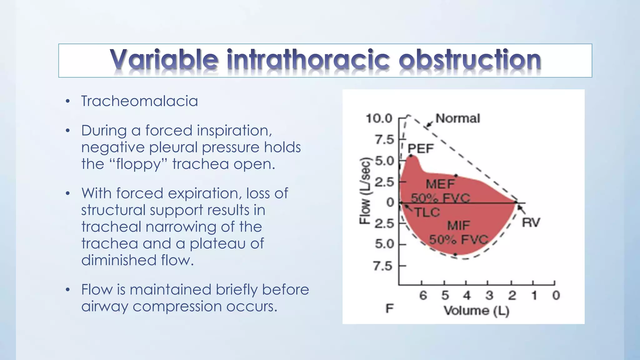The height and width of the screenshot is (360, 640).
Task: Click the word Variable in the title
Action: pyautogui.click(x=164, y=59)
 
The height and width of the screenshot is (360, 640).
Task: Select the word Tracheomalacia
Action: pyautogui.click(x=139, y=101)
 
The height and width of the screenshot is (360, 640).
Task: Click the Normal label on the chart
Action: pyautogui.click(x=457, y=118)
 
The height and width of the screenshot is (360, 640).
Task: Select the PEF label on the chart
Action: pyautogui.click(x=421, y=148)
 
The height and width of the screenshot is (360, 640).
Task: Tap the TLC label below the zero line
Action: pyautogui.click(x=427, y=212)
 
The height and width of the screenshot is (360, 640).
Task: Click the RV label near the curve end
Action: pyautogui.click(x=531, y=223)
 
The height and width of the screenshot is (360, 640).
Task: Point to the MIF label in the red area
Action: pyautogui.click(x=458, y=225)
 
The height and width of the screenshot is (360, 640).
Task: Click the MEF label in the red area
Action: pyautogui.click(x=440, y=184)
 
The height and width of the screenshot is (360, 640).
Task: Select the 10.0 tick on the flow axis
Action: pyautogui.click(x=379, y=118)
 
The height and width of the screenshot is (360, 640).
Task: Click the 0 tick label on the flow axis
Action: pyautogui.click(x=390, y=202)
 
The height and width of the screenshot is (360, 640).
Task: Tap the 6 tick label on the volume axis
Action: pyautogui.click(x=423, y=295)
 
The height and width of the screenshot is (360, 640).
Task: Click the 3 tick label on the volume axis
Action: pyautogui.click(x=489, y=295)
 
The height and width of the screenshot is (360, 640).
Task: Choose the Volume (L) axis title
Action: pyautogui.click(x=476, y=311)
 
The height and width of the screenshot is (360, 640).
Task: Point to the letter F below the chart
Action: pyautogui.click(x=389, y=309)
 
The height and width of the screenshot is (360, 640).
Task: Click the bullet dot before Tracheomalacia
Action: pyautogui.click(x=67, y=102)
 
